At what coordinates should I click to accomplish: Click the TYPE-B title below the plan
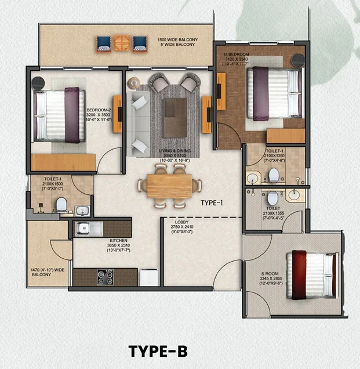(x=158, y=351)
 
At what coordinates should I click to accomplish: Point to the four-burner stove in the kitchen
(x=105, y=277)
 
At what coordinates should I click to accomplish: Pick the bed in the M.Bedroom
(x=272, y=93)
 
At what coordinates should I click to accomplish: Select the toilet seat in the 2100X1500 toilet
(x=61, y=203)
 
